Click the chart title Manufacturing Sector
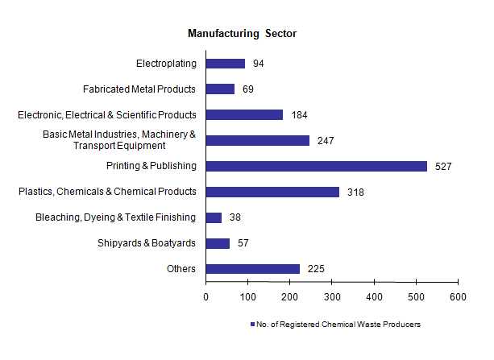[243, 34]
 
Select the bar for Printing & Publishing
[316, 166]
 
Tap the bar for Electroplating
[226, 64]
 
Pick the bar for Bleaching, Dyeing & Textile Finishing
[214, 217]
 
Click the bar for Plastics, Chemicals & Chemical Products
[272, 192]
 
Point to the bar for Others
[253, 269]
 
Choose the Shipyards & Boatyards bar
[218, 243]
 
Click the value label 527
[443, 167]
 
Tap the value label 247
[326, 141]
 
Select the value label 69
[248, 89]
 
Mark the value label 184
[299, 115]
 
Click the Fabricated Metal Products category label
[139, 89]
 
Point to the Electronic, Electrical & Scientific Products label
[107, 115]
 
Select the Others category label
[181, 269]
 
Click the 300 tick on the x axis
[332, 297]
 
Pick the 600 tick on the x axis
[458, 297]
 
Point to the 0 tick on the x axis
[206, 297]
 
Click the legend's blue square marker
[251, 325]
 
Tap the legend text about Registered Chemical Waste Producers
[338, 325]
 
